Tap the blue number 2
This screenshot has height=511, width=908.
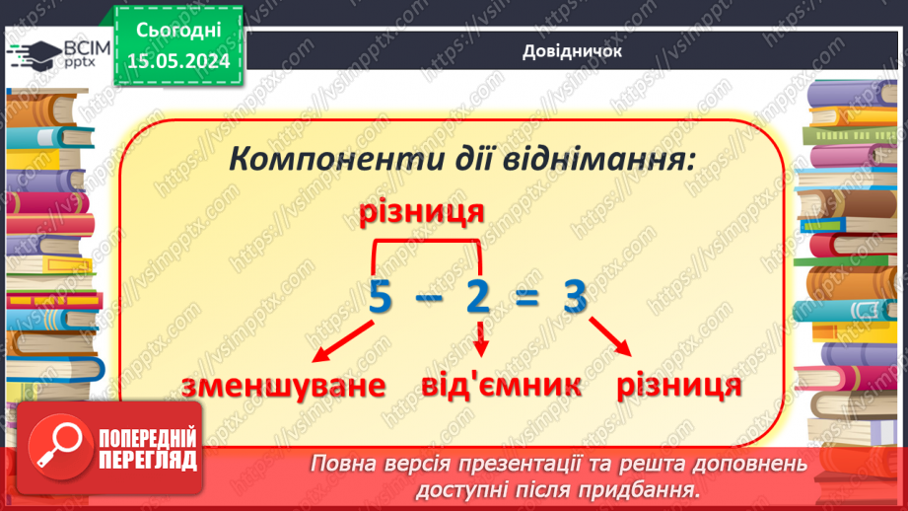click(x=479, y=296)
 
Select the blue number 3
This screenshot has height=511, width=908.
click(x=576, y=296)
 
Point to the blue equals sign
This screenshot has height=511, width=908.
click(x=527, y=297)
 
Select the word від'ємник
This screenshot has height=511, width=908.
click(x=486, y=385)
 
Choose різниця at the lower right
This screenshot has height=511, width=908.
click(x=678, y=384)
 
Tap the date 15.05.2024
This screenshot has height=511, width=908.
click(x=178, y=60)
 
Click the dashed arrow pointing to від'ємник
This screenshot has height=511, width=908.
click(x=481, y=340)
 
